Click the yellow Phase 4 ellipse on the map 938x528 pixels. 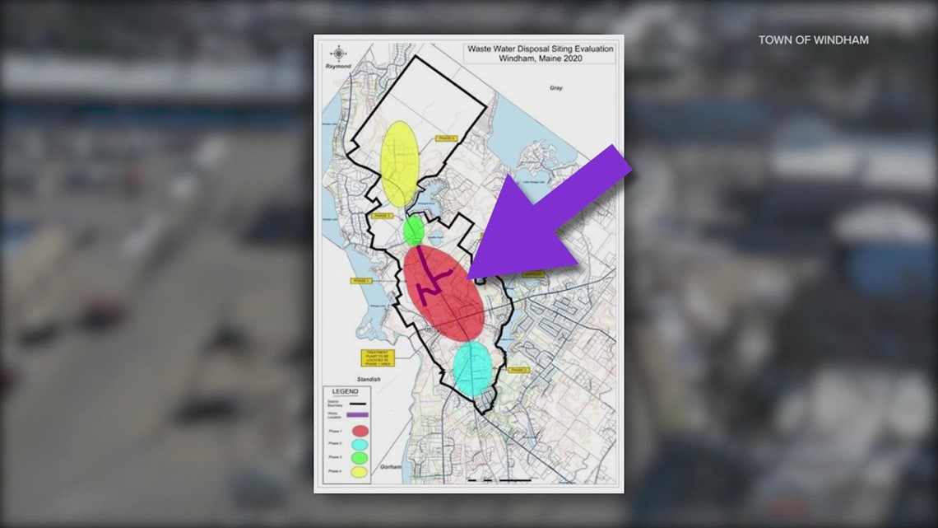(399, 164)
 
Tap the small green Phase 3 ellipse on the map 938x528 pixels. (414, 231)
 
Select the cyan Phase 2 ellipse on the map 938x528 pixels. (472, 368)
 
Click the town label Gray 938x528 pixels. (555, 88)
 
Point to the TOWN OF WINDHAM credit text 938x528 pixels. (813, 40)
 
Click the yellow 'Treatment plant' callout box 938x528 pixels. (378, 358)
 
